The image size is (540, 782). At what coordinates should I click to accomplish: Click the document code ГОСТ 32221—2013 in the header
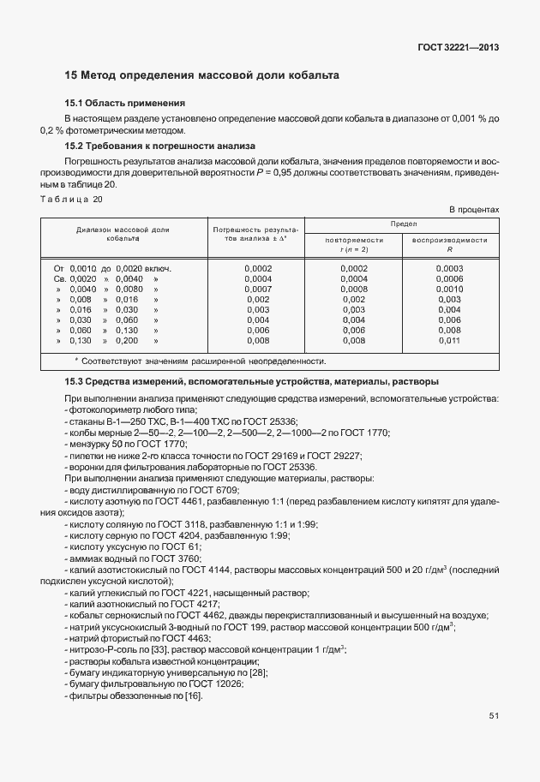click(x=458, y=46)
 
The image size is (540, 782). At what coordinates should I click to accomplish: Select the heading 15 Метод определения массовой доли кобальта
click(x=202, y=75)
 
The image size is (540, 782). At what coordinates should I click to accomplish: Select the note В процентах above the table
click(x=474, y=210)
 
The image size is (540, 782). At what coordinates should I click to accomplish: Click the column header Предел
click(x=403, y=223)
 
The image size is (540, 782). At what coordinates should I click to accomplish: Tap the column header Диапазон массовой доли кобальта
click(x=123, y=234)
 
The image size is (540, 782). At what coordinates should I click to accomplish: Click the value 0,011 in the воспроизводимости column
click(x=450, y=340)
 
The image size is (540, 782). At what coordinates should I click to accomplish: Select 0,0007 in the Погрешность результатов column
click(x=257, y=289)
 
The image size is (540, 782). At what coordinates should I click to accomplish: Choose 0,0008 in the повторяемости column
click(x=353, y=289)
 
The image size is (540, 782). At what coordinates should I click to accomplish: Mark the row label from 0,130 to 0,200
click(x=106, y=340)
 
